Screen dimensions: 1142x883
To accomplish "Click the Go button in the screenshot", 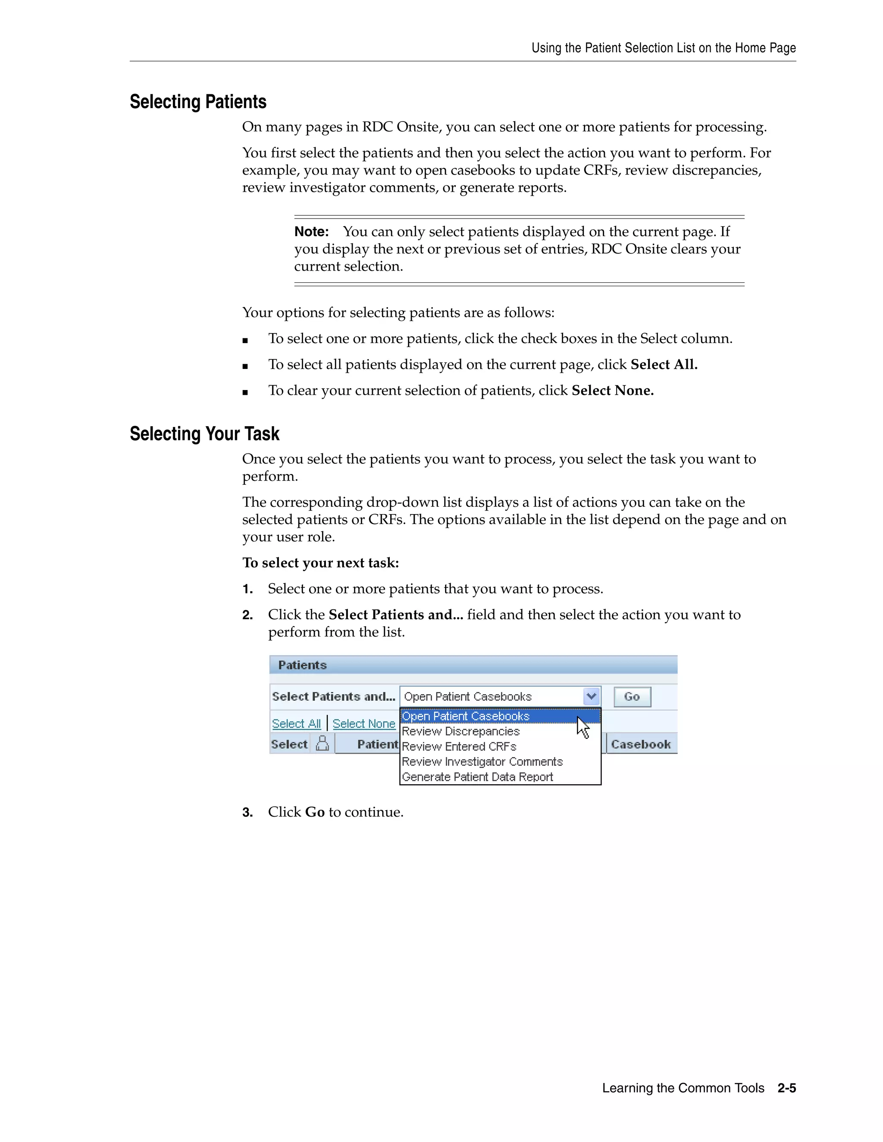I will point(632,696).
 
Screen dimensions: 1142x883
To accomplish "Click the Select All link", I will point(296,724).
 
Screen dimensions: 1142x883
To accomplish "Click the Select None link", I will point(363,724).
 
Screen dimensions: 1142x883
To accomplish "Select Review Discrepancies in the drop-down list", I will point(460,731).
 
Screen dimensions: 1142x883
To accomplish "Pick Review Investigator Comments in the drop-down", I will point(482,761).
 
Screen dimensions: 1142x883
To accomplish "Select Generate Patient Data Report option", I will point(477,777).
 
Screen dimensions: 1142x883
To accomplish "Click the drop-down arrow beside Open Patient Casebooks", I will point(591,696).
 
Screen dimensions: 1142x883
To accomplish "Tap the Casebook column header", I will point(640,744).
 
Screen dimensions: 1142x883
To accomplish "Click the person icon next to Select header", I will point(323,743).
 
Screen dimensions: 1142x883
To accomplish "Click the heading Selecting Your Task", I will point(204,434).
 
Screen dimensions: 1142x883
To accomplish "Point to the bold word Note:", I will point(311,232).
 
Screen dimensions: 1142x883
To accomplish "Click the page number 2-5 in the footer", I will point(786,1088).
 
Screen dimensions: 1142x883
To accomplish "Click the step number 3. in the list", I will point(247,812).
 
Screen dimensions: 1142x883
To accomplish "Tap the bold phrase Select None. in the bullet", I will point(612,390).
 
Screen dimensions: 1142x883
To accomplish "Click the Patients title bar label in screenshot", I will point(302,665).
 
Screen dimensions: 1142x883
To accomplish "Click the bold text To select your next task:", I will point(320,563).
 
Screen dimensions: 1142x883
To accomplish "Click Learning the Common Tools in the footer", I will point(683,1088).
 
